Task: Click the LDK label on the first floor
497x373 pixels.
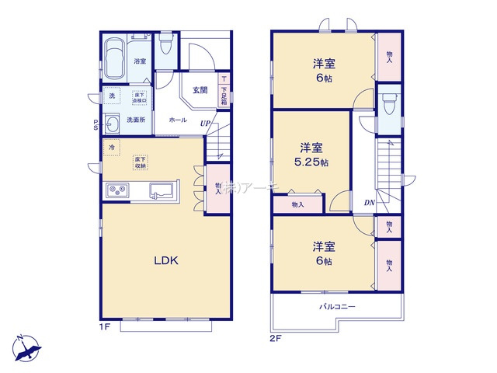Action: pos(165,261)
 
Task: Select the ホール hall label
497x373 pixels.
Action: pos(177,120)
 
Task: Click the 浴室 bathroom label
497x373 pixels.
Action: pos(140,61)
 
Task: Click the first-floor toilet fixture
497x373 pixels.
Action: pos(165,47)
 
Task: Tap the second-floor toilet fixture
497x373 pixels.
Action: pos(388,104)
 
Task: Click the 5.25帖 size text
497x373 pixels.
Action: pos(313,162)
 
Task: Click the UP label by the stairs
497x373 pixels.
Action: pos(204,123)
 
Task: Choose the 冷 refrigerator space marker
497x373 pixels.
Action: pos(113,147)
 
